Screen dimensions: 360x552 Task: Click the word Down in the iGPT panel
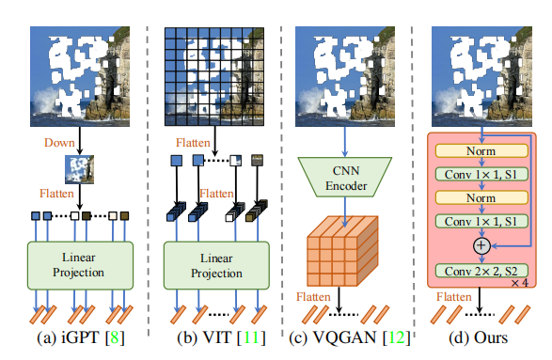[x=58, y=143]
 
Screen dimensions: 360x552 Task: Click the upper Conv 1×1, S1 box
[x=481, y=174]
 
